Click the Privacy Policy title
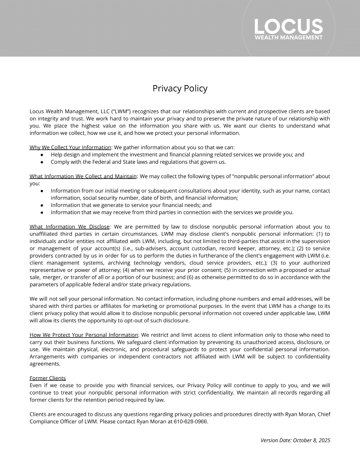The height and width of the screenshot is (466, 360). click(180, 89)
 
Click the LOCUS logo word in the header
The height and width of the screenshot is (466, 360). click(289, 26)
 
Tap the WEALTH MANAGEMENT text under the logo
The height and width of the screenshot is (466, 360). click(289, 38)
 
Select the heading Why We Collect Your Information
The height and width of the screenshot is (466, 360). click(70, 148)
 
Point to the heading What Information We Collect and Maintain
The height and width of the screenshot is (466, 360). click(83, 176)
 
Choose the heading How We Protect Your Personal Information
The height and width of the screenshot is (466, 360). click(84, 335)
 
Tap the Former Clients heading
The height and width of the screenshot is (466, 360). click(48, 378)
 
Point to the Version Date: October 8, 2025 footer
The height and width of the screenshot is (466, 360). click(295, 440)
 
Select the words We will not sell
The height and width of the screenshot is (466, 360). click(47, 299)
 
